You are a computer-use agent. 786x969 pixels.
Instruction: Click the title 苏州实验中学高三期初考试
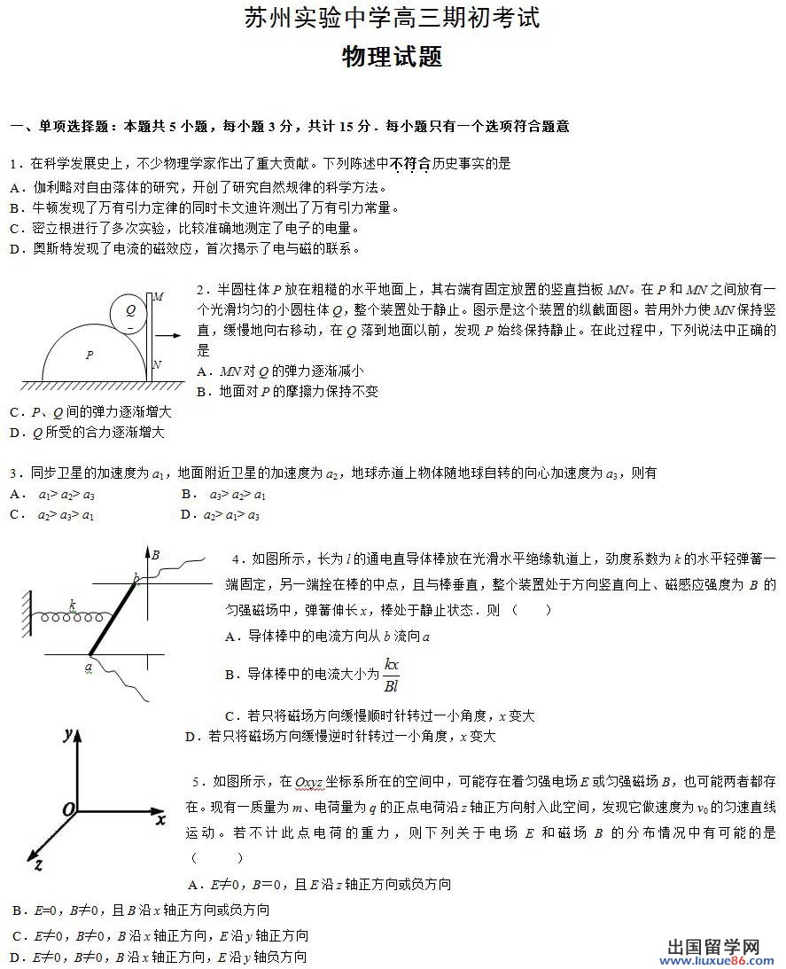coord(392,19)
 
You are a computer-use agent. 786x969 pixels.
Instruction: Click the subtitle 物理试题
coord(392,58)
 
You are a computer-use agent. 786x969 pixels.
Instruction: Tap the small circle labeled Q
coord(130,311)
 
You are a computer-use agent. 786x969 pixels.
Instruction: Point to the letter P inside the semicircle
coord(89,355)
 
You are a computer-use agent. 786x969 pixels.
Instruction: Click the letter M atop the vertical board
coord(158,297)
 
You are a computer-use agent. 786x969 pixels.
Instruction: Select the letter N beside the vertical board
coord(158,364)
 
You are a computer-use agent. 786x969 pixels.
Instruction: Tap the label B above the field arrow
coord(154,555)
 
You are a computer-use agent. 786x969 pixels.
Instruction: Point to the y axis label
coord(66,735)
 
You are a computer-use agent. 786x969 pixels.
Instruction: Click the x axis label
coord(160,819)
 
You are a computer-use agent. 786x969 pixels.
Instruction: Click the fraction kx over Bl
coord(391,675)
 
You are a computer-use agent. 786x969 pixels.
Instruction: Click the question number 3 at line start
coord(13,473)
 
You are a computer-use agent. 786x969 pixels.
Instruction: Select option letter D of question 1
coord(14,249)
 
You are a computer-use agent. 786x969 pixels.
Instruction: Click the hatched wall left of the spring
coord(27,613)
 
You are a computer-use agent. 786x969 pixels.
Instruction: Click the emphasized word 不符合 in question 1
coord(409,164)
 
